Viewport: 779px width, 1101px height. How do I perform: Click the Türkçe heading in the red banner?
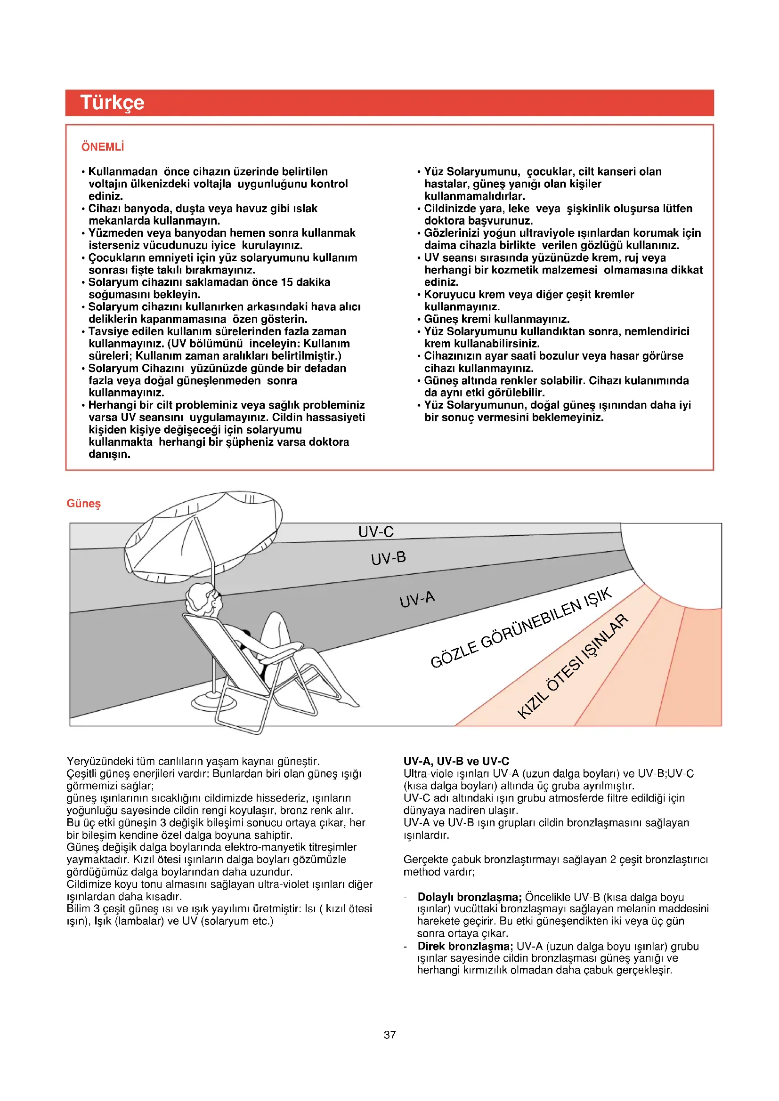[112, 103]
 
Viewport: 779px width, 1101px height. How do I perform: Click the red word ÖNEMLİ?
[103, 147]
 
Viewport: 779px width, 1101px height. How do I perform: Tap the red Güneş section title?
[83, 503]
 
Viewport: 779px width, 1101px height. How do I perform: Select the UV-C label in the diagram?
[375, 531]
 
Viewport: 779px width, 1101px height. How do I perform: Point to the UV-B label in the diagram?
[388, 558]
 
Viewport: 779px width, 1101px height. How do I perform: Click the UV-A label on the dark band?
[417, 599]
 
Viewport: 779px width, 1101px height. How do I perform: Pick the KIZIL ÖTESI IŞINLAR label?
[572, 666]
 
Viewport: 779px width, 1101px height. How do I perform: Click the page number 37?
[389, 1034]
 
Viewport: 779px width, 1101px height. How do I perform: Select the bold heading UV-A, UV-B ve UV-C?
[456, 761]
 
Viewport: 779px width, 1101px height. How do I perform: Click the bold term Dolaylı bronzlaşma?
[469, 897]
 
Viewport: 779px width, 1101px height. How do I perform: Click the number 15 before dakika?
[287, 282]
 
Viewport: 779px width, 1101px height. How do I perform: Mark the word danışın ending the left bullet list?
[109, 454]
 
